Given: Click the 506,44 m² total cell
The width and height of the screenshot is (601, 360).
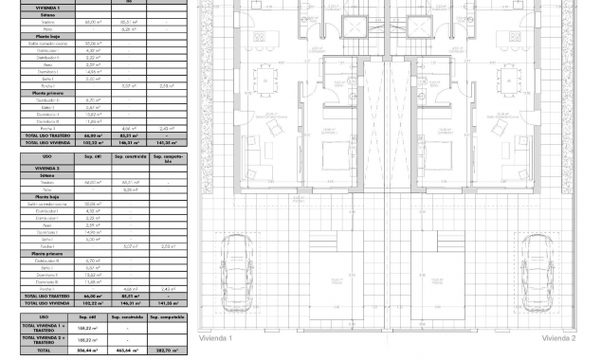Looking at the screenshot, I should [86, 350].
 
